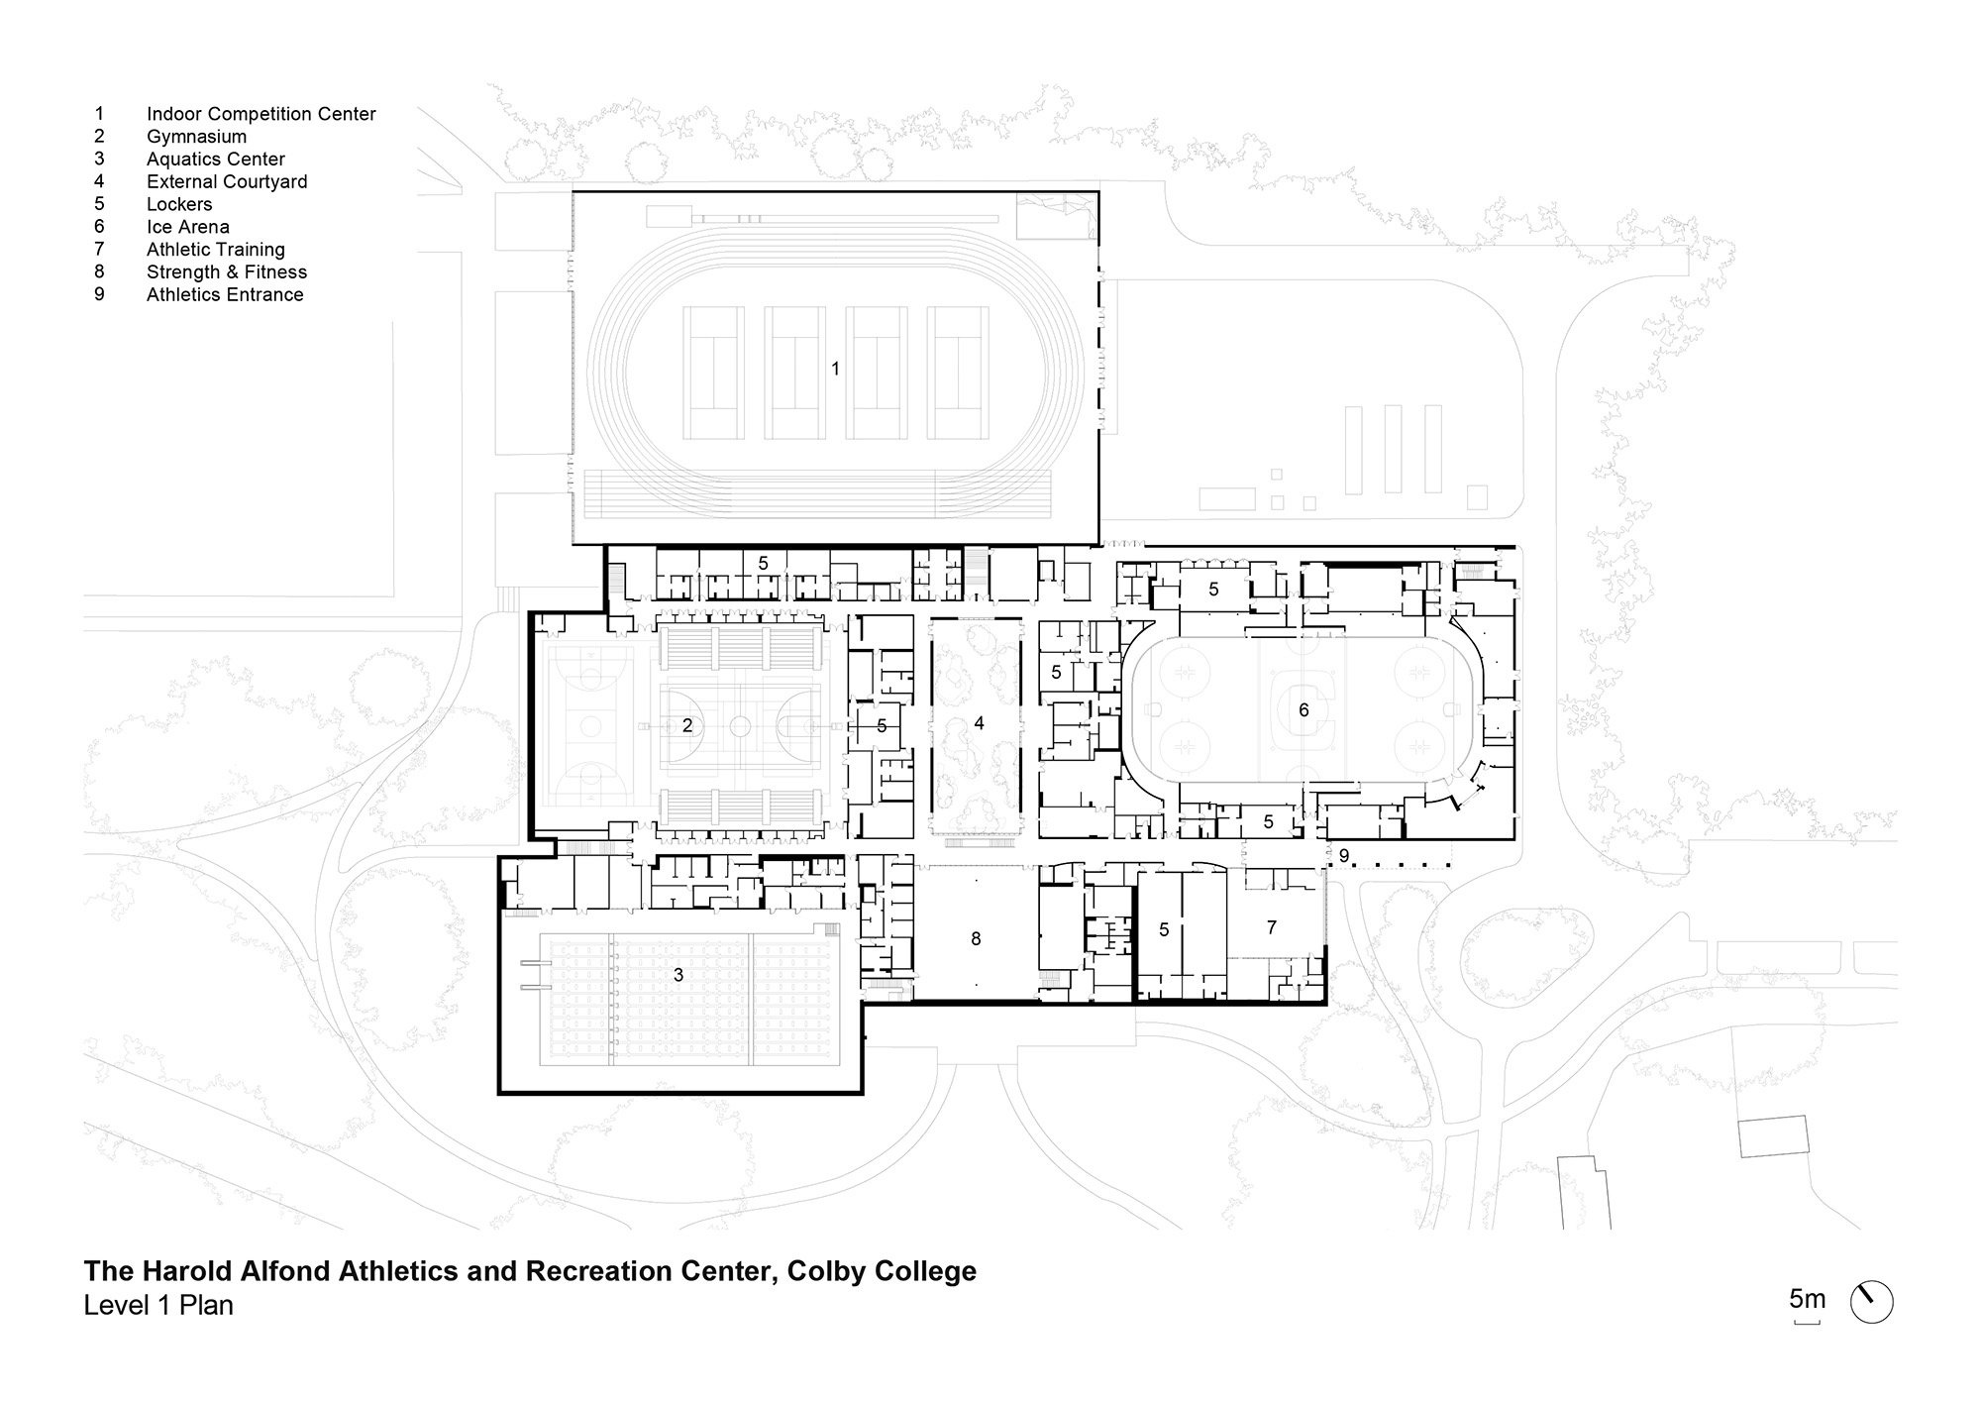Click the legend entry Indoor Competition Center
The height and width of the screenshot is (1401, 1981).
click(261, 114)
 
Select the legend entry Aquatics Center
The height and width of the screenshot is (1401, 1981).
click(215, 160)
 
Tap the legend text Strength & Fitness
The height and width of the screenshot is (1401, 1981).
click(226, 272)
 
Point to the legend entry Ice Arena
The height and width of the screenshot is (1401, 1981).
click(187, 227)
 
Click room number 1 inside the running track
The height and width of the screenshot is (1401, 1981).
click(835, 369)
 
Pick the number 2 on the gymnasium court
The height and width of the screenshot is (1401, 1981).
click(687, 726)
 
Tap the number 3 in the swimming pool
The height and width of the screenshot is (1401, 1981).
click(678, 976)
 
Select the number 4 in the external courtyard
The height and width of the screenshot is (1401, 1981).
click(979, 724)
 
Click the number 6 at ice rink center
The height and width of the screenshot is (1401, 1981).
click(1303, 709)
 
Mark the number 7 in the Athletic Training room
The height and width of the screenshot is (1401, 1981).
click(1272, 927)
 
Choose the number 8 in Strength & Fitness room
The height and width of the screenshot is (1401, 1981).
click(976, 938)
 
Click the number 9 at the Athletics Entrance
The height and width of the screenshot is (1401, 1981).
click(1343, 856)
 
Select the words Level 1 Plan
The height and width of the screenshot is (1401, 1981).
click(158, 1306)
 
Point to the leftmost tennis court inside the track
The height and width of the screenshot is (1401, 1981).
click(713, 373)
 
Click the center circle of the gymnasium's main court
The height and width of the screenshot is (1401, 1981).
click(740, 726)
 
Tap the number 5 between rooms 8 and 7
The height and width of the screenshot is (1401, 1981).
click(1164, 929)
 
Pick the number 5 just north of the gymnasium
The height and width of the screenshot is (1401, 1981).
click(763, 564)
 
